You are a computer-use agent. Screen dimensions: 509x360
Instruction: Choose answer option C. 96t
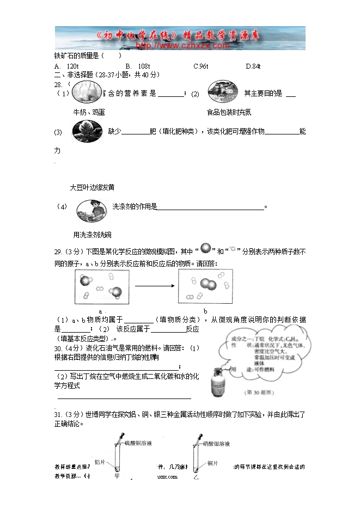point(201,66)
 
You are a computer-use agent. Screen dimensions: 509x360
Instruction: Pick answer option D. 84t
point(253,66)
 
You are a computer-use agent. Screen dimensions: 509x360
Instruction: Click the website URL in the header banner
point(182,46)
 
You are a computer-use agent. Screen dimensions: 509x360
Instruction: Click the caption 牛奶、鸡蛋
point(89,112)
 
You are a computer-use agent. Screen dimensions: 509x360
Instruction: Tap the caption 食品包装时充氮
point(229,112)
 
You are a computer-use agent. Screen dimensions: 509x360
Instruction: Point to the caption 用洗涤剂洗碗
point(92,235)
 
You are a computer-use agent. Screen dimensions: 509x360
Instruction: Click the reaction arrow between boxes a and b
point(154,286)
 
